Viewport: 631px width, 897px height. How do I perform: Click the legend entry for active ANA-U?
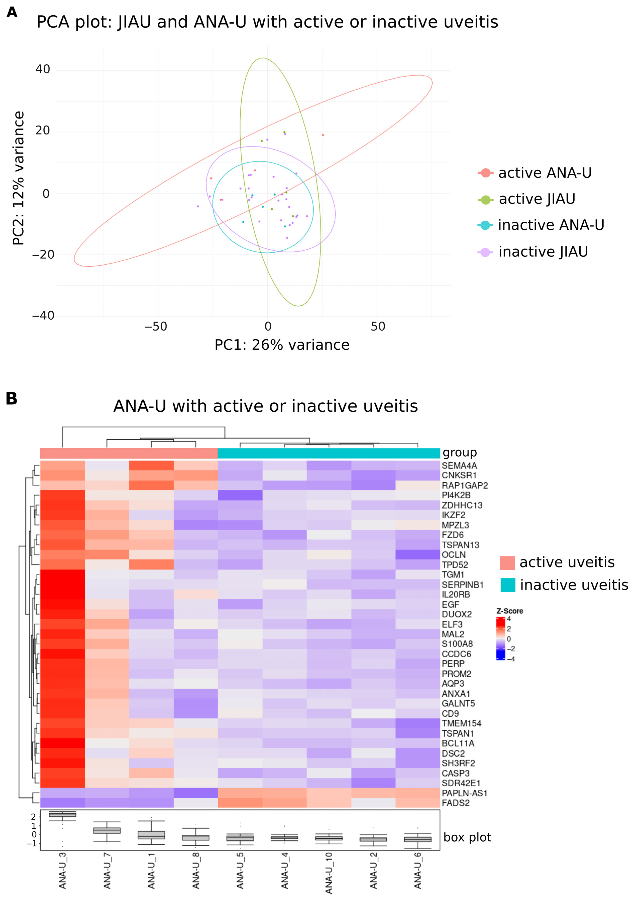coord(535,173)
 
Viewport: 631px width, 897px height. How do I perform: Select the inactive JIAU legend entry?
coord(533,252)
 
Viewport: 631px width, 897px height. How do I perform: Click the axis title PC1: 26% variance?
coord(282,345)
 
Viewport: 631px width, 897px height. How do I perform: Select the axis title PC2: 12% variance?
coord(18,178)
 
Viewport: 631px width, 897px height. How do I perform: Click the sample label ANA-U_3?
coord(63,871)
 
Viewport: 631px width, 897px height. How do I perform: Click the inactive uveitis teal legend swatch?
coord(507,585)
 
